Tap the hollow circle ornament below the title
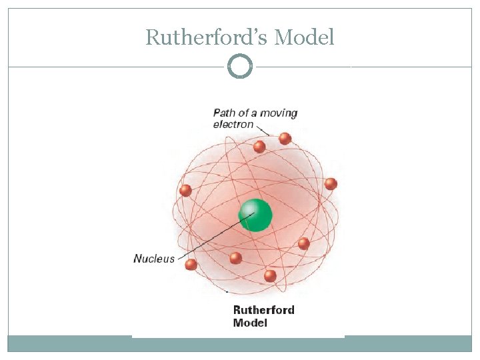[x=240, y=66]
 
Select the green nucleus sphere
[x=256, y=215]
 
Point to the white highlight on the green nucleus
[x=249, y=209]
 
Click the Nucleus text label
[x=154, y=259]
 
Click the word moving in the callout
[x=279, y=113]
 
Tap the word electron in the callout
[x=233, y=124]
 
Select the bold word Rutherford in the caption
[x=263, y=310]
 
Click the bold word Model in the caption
[x=250, y=323]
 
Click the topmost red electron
[x=285, y=139]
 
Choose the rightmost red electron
[x=331, y=184]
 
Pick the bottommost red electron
[x=270, y=275]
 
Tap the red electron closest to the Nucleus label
[x=191, y=265]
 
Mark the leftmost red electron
[x=185, y=191]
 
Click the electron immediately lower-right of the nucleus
[x=303, y=243]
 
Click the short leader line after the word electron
[x=263, y=129]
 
